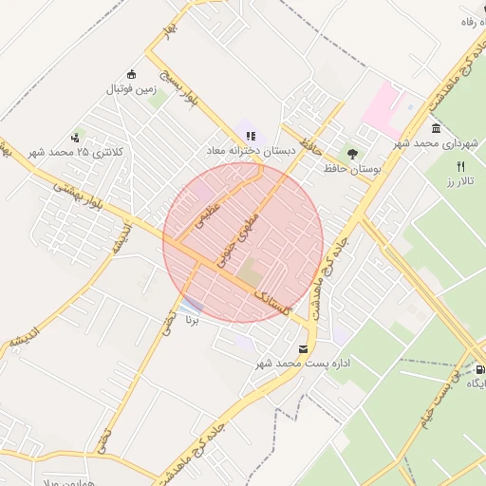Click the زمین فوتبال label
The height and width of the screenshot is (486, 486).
point(130,89)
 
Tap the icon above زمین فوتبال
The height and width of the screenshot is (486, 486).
point(131,75)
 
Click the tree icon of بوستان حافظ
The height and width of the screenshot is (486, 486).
point(352,153)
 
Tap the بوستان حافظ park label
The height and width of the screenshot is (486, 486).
point(351,168)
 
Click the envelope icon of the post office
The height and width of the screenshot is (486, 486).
point(303,349)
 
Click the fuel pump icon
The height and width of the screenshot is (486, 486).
point(479,370)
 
